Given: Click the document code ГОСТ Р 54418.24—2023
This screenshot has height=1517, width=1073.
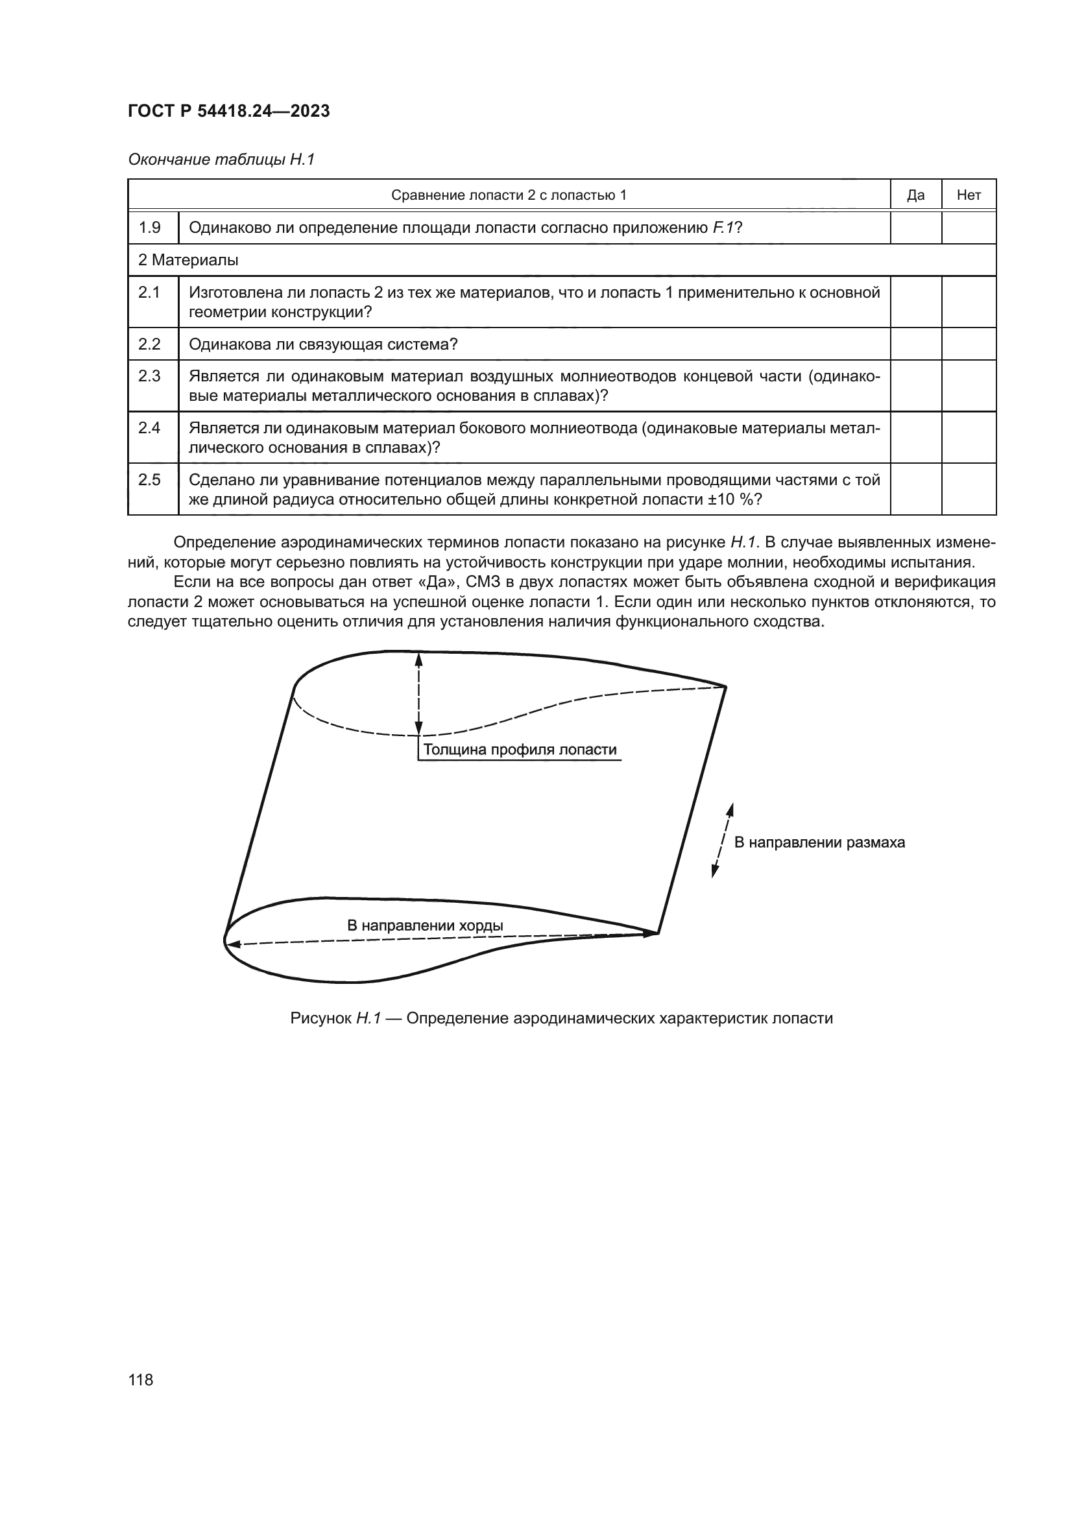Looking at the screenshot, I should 228,111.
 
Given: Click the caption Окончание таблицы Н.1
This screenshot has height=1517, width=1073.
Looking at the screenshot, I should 221,160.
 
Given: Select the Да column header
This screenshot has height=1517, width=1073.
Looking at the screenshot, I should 915,195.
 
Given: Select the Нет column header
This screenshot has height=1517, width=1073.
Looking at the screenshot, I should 968,195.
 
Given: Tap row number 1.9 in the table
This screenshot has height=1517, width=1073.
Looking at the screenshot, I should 150,228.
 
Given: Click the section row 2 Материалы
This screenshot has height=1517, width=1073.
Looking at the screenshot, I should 188,260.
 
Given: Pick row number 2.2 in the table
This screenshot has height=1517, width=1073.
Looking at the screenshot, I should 150,344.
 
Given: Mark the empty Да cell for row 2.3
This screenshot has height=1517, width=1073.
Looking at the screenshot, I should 915,386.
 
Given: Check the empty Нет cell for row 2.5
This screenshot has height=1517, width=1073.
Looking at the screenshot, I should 968,489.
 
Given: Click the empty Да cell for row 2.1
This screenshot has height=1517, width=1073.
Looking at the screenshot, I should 915,302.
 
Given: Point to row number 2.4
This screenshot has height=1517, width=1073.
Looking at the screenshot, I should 150,428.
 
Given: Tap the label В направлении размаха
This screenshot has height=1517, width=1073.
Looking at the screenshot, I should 819,842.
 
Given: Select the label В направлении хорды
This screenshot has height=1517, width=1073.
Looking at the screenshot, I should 425,925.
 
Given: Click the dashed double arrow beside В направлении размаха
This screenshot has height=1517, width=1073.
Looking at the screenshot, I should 722,841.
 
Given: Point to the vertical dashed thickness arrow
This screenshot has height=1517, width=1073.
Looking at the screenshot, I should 418,694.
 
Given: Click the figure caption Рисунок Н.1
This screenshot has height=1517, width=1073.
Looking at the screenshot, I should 561,1018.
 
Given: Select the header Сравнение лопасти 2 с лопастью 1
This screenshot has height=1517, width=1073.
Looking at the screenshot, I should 508,195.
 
